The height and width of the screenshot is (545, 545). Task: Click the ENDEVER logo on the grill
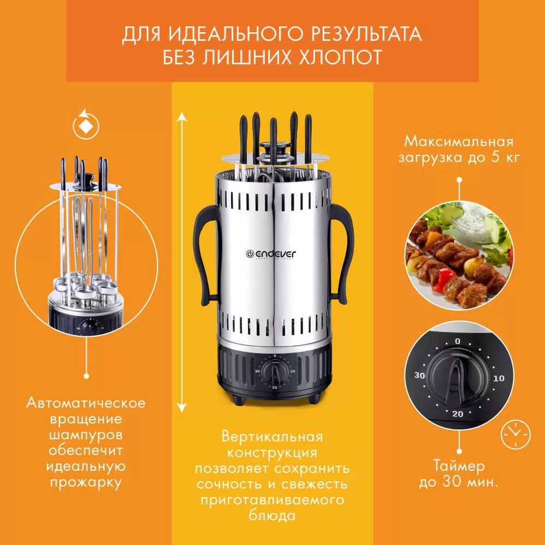pyautogui.click(x=271, y=254)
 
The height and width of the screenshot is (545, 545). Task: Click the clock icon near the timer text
pyautogui.click(x=516, y=434)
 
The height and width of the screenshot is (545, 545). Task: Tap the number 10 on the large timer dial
pyautogui.click(x=499, y=378)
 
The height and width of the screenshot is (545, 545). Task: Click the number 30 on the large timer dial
pyautogui.click(x=420, y=376)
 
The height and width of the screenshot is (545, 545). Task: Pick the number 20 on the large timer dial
pyautogui.click(x=458, y=414)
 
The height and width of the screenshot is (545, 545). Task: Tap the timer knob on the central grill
pyautogui.click(x=275, y=372)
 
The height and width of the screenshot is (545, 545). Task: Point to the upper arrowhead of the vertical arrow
pyautogui.click(x=182, y=116)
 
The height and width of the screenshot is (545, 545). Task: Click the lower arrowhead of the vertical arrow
pyautogui.click(x=182, y=408)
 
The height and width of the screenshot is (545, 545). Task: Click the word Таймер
pyautogui.click(x=459, y=467)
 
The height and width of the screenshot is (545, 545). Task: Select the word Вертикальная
pyautogui.click(x=272, y=437)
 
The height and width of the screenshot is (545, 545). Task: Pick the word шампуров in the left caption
pyautogui.click(x=86, y=435)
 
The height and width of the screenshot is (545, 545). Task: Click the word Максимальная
pyautogui.click(x=459, y=142)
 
